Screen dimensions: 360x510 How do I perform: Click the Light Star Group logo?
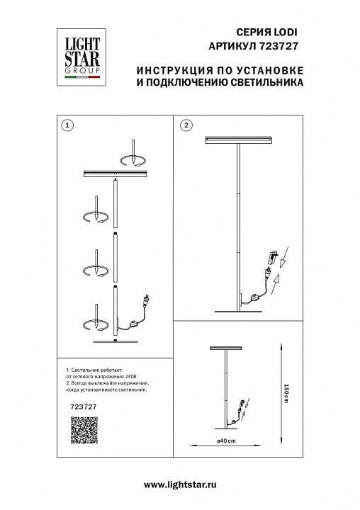[81, 57]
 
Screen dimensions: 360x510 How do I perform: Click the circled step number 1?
[68, 125]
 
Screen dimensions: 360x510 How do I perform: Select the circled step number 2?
[186, 125]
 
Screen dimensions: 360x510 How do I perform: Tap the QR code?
[84, 430]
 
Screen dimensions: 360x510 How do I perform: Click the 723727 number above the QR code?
[84, 407]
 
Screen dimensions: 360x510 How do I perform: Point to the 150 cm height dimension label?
[286, 393]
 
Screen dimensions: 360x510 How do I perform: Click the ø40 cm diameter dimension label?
[226, 441]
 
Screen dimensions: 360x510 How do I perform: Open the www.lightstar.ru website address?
[180, 484]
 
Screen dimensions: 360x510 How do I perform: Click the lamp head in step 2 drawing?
[239, 140]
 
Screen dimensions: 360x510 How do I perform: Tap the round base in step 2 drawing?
[239, 312]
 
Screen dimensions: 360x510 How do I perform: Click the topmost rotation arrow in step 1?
[133, 161]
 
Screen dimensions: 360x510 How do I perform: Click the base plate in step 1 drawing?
[116, 341]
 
